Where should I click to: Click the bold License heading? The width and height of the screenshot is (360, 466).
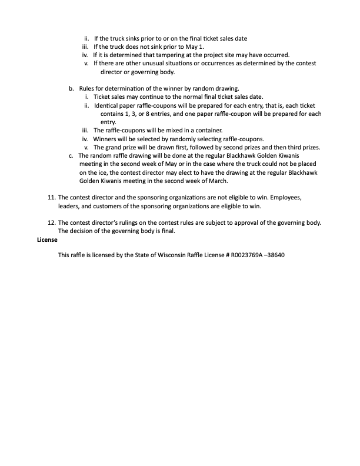tap(47, 240)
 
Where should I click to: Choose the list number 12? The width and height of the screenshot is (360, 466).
tap(51, 223)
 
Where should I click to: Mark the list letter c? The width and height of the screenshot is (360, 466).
tap(71, 155)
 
